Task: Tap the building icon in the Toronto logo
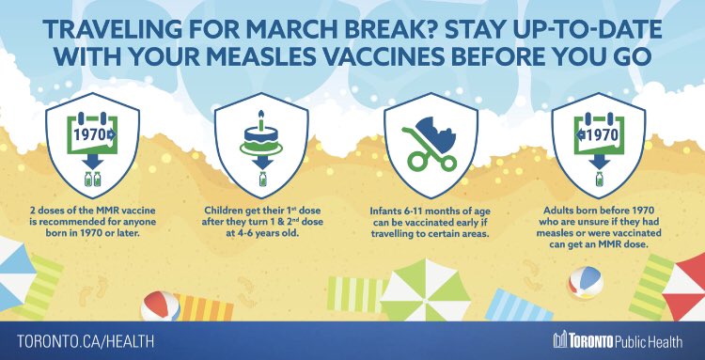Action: (560, 338)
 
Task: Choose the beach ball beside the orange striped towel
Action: (160, 307)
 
